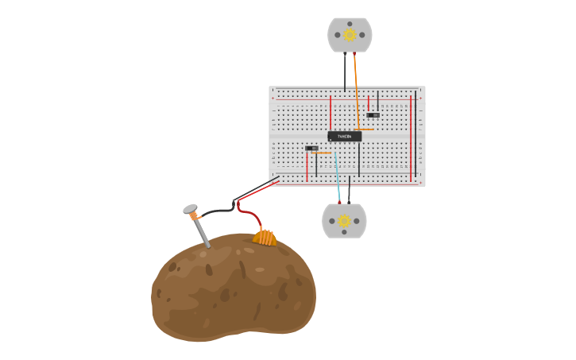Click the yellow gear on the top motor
point(350,35)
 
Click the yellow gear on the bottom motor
point(344,221)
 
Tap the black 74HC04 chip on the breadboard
point(345,137)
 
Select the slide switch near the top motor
point(373,115)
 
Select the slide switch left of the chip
point(312,149)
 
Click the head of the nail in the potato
point(190,209)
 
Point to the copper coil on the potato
point(265,237)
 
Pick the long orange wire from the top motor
point(356,87)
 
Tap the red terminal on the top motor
point(354,53)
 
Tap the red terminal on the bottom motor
point(339,203)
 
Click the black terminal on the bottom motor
point(349,203)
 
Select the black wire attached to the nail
point(216,212)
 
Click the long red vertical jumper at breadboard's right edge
point(411,135)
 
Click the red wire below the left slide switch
point(307,167)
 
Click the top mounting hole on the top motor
point(350,21)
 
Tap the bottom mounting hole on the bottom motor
point(344,232)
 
